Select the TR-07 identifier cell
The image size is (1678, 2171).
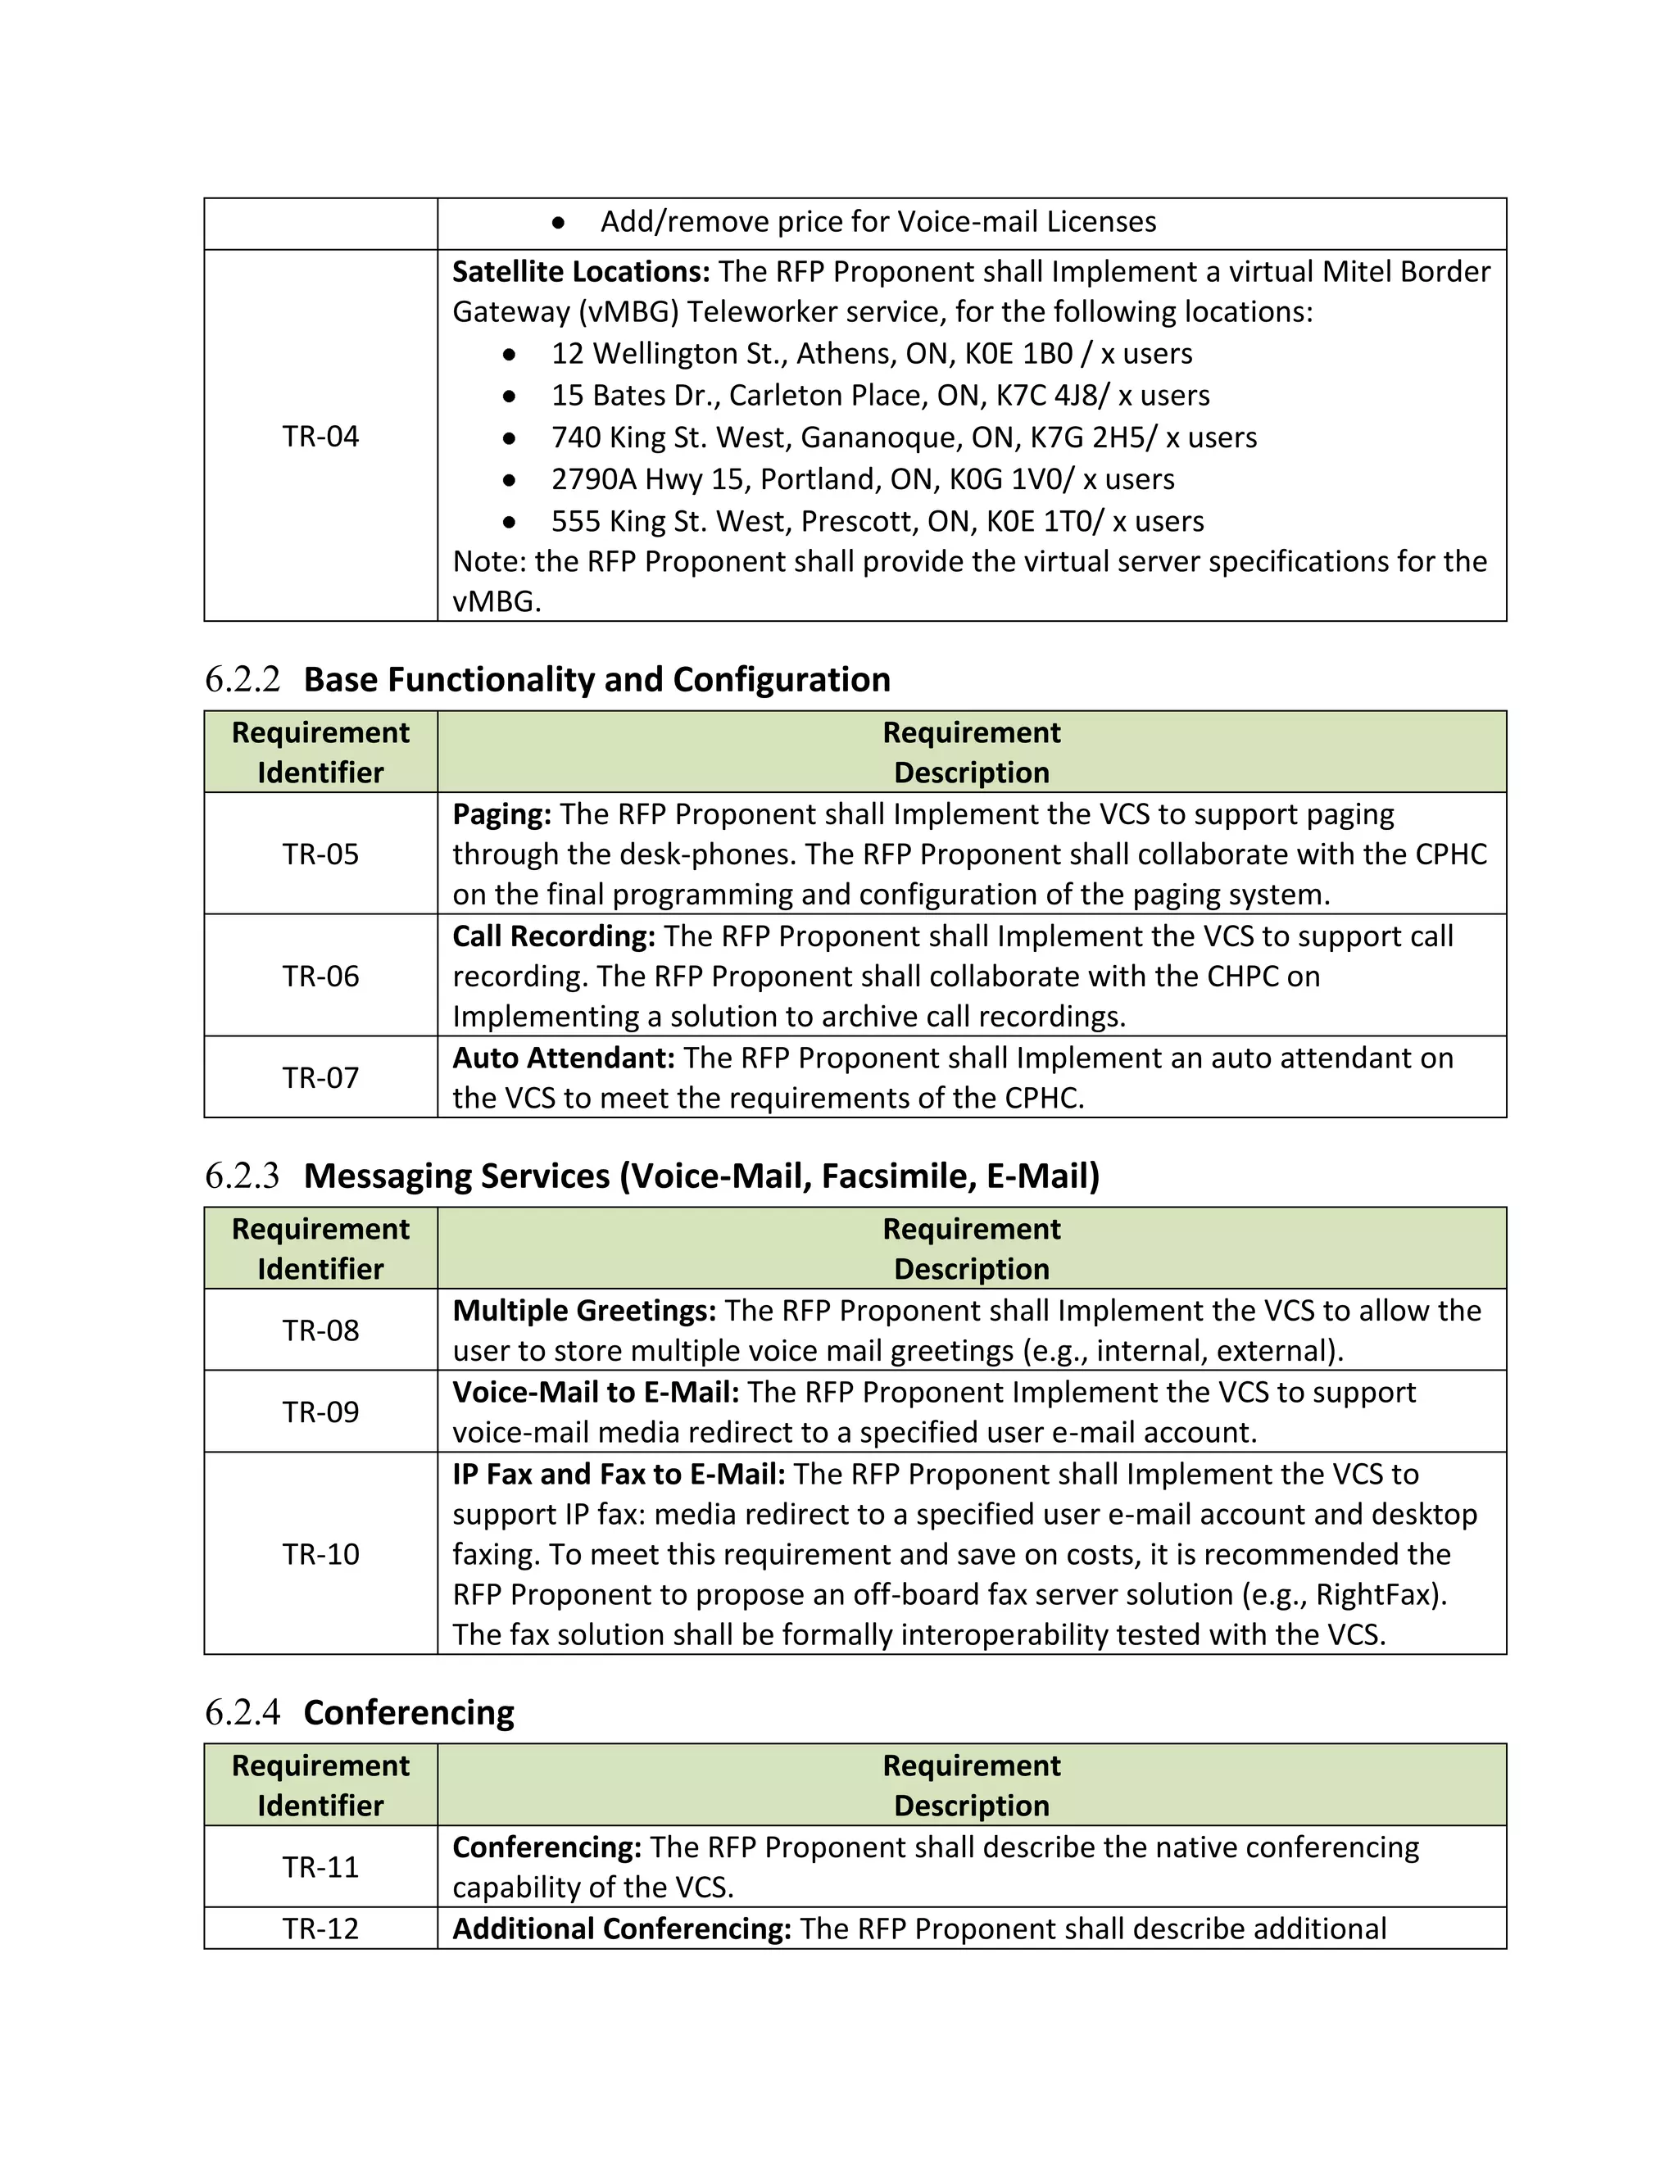[320, 1077]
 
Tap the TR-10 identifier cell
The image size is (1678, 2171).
[320, 1553]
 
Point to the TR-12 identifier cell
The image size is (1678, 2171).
[320, 1929]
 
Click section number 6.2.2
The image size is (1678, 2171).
[243, 680]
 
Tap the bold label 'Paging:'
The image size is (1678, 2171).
[501, 814]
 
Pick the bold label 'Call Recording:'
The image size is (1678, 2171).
[554, 936]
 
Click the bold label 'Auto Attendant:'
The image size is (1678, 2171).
[564, 1058]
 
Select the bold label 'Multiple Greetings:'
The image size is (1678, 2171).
[583, 1311]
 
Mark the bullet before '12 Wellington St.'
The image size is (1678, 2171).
[510, 355]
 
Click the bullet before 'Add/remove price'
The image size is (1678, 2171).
[559, 223]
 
